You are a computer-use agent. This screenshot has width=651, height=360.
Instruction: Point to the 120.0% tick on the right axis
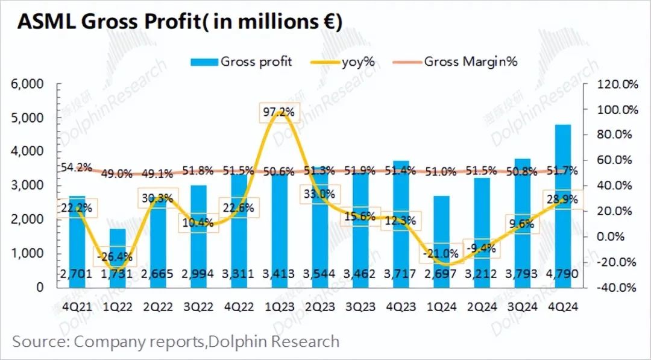pyautogui.click(x=617, y=84)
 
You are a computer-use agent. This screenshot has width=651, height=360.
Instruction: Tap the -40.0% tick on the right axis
pyautogui.click(x=617, y=287)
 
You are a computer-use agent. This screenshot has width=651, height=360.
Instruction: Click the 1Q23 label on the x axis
pyautogui.click(x=279, y=306)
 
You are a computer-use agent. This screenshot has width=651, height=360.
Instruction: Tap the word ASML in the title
pyautogui.click(x=46, y=22)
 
